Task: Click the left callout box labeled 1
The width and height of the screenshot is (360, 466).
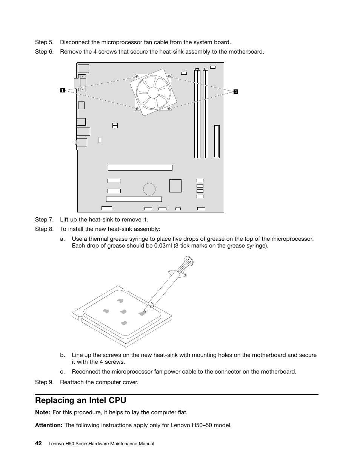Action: pyautogui.click(x=62, y=90)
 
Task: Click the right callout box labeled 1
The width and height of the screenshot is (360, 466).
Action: pyautogui.click(x=235, y=91)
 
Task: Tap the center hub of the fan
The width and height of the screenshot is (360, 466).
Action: pyautogui.click(x=153, y=92)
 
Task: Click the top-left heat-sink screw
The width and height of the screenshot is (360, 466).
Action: pyautogui.click(x=136, y=78)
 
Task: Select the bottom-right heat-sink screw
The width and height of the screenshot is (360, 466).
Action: pyautogui.click(x=169, y=108)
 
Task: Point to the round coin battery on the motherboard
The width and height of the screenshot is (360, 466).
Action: pyautogui.click(x=149, y=189)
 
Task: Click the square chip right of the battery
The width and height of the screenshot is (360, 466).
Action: pyautogui.click(x=175, y=186)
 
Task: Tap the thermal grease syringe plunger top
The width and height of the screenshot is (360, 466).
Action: pyautogui.click(x=189, y=260)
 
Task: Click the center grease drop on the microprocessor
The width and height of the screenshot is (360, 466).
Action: pyautogui.click(x=123, y=312)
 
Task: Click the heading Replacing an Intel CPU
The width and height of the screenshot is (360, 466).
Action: pyautogui.click(x=80, y=400)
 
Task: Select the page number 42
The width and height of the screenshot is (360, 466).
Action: pyautogui.click(x=38, y=443)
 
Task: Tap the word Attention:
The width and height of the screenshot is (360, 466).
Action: pyautogui.click(x=48, y=425)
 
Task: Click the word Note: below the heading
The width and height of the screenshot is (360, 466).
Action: pyautogui.click(x=42, y=412)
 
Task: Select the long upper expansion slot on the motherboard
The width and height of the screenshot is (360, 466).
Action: pyautogui.click(x=140, y=168)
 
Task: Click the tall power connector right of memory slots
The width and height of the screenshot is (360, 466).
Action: pyautogui.click(x=217, y=141)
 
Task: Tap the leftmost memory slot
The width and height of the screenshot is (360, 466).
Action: pyautogui.click(x=197, y=113)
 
